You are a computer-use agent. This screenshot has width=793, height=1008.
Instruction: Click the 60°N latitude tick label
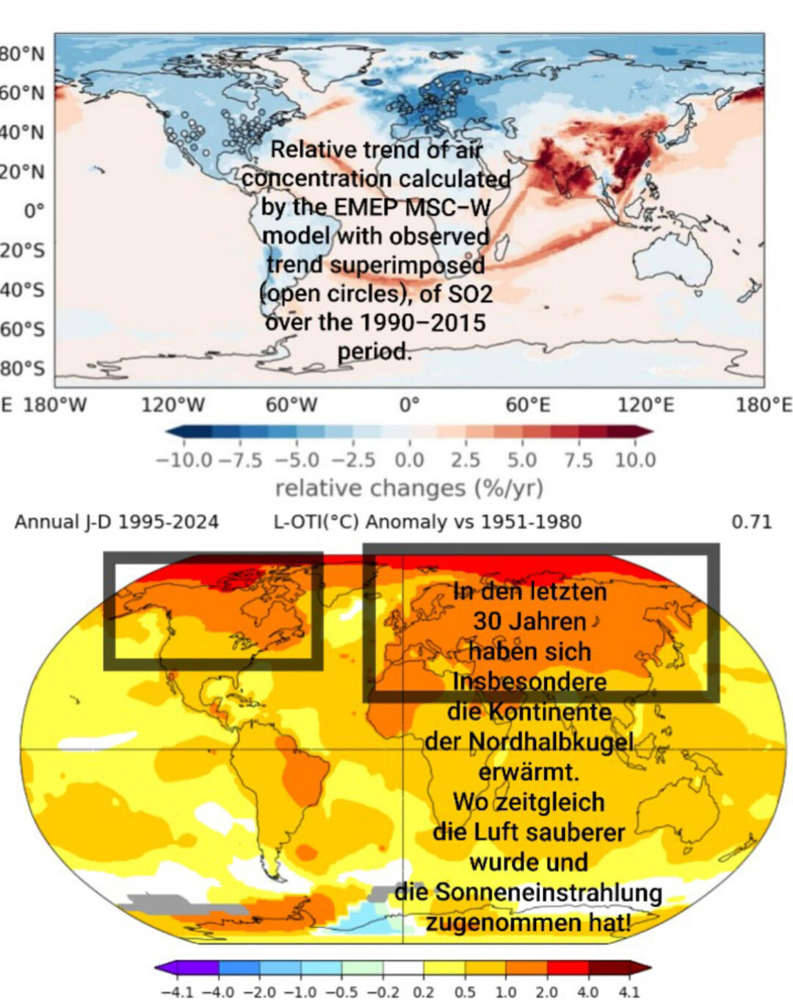(23, 93)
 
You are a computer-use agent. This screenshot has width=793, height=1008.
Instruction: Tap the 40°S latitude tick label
(23, 290)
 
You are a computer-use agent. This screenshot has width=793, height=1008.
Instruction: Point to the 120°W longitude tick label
(173, 405)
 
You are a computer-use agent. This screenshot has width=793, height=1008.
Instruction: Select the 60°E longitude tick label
(527, 405)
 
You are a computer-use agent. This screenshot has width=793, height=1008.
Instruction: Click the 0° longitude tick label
(410, 405)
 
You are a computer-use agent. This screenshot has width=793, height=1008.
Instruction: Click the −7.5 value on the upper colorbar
(240, 461)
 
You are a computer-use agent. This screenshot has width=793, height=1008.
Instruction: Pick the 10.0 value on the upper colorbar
(635, 461)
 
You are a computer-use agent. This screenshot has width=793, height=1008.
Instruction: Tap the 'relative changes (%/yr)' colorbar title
(409, 489)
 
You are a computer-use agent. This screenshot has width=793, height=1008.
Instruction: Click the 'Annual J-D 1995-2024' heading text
(117, 522)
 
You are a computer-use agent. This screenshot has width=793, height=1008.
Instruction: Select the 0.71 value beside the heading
(751, 522)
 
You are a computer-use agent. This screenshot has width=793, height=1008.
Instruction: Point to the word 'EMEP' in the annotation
(363, 207)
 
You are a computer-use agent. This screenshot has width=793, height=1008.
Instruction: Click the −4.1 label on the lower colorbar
(177, 993)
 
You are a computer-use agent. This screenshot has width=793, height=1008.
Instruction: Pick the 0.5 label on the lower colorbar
(464, 993)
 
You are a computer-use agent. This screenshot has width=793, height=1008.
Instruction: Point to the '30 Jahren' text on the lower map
(529, 622)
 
